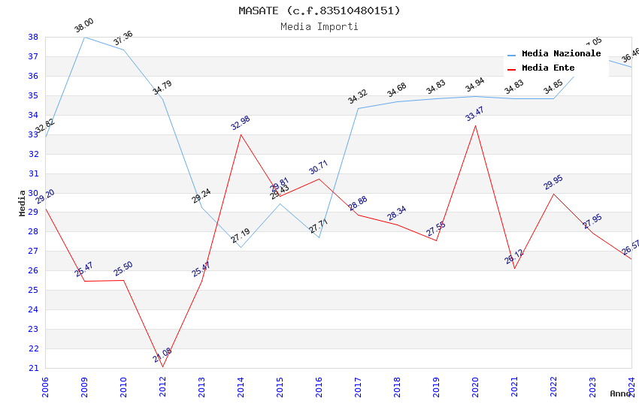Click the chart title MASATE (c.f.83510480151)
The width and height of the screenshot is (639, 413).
click(319, 11)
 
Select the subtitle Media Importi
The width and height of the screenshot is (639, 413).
click(319, 26)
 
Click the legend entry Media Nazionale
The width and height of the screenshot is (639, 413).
click(561, 54)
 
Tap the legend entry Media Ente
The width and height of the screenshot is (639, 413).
click(548, 68)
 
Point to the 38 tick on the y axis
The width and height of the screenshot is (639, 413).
click(33, 37)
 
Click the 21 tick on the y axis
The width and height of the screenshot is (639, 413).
click(33, 368)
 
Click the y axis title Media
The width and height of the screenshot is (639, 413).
click(23, 203)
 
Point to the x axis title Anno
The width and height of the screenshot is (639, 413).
click(620, 393)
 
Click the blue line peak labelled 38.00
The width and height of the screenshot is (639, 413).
click(84, 37)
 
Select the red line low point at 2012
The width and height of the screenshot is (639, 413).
click(162, 366)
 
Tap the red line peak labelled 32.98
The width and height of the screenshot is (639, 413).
click(241, 134)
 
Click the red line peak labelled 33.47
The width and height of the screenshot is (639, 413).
click(475, 125)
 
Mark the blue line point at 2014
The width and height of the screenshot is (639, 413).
click(241, 247)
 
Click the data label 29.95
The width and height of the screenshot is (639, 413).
click(553, 182)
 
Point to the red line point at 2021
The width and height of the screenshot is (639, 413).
click(514, 268)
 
